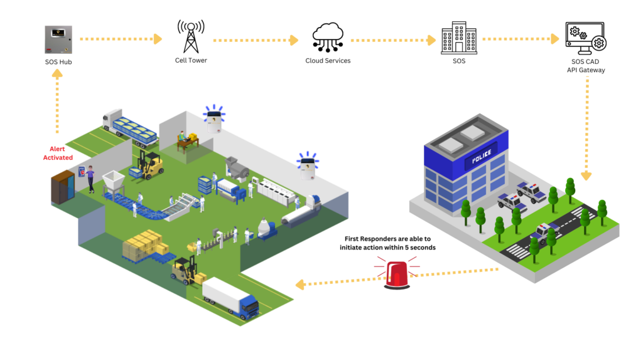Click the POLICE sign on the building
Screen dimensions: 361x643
pos(480,156)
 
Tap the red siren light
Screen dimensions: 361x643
pos(397,275)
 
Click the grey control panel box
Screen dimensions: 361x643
pos(58,39)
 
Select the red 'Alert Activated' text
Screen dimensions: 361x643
pos(58,153)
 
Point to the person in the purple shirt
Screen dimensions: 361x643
pos(90,179)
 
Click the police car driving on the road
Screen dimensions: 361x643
pos(544,231)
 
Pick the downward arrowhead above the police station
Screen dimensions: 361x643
pos(586,175)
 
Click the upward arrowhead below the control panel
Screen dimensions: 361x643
pos(57,73)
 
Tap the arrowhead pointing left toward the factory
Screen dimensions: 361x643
pos(300,285)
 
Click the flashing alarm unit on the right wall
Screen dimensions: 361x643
pos(307,166)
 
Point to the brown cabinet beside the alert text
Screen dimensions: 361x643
pos(62,187)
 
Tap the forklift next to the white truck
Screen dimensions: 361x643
pos(185,269)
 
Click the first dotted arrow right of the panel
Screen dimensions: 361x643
pos(121,39)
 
